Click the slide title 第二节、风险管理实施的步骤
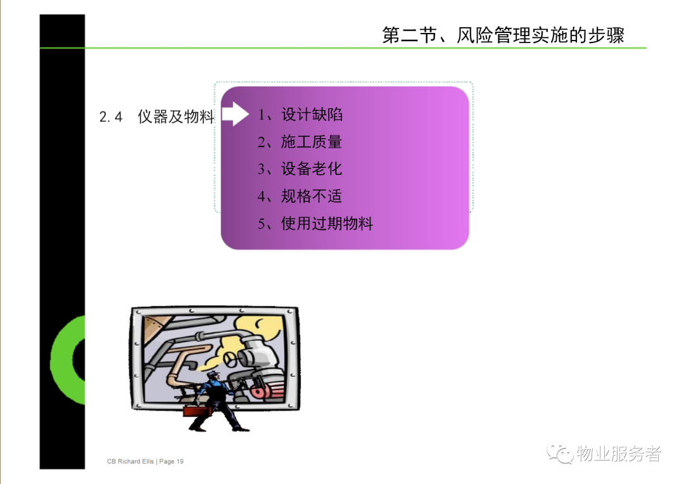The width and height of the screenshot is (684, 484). click(503, 35)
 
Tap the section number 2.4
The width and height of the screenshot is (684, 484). click(111, 117)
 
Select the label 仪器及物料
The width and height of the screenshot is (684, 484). click(176, 117)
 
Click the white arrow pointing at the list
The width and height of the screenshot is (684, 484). click(235, 114)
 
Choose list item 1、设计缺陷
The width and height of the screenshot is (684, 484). click(300, 114)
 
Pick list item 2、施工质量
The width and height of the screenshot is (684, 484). click(300, 142)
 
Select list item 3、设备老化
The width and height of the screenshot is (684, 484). click(300, 169)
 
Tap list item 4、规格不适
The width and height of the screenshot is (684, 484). click(300, 196)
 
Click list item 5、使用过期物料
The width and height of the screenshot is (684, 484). click(315, 224)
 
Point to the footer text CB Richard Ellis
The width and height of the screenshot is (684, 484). click(130, 461)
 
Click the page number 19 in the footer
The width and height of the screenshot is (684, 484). click(180, 461)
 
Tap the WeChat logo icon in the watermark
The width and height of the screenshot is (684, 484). click(560, 454)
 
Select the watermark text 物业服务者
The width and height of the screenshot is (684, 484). click(619, 454)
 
